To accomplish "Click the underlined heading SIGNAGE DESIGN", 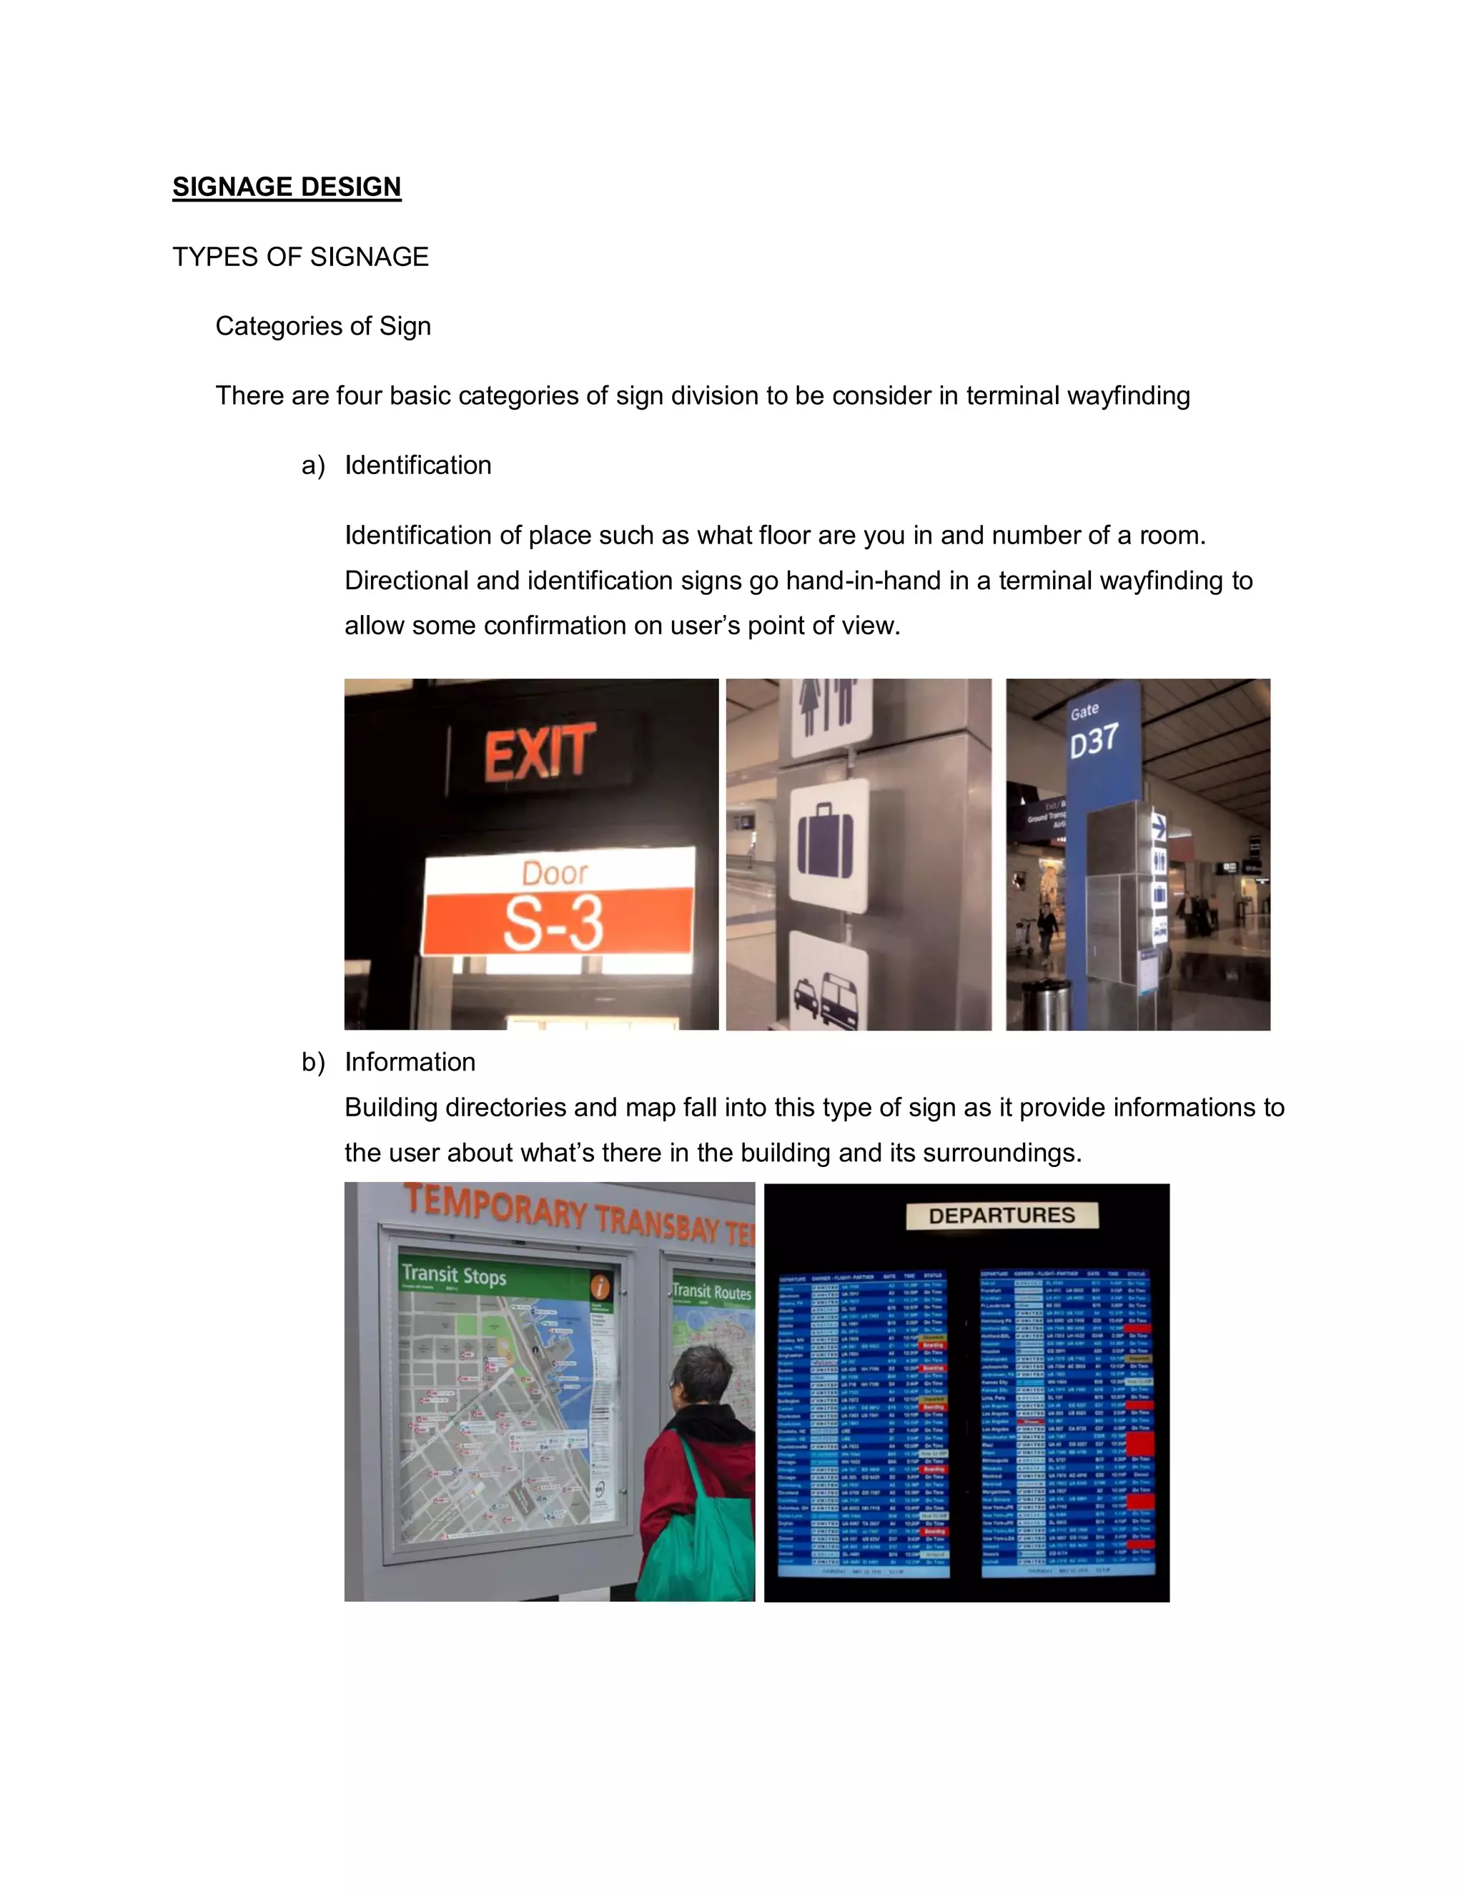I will point(286,187).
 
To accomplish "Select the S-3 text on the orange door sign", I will point(553,923).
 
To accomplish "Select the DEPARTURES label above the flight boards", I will point(1001,1216).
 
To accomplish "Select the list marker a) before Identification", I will point(312,466).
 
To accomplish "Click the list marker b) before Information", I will point(312,1062).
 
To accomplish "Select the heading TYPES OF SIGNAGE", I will point(300,257).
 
